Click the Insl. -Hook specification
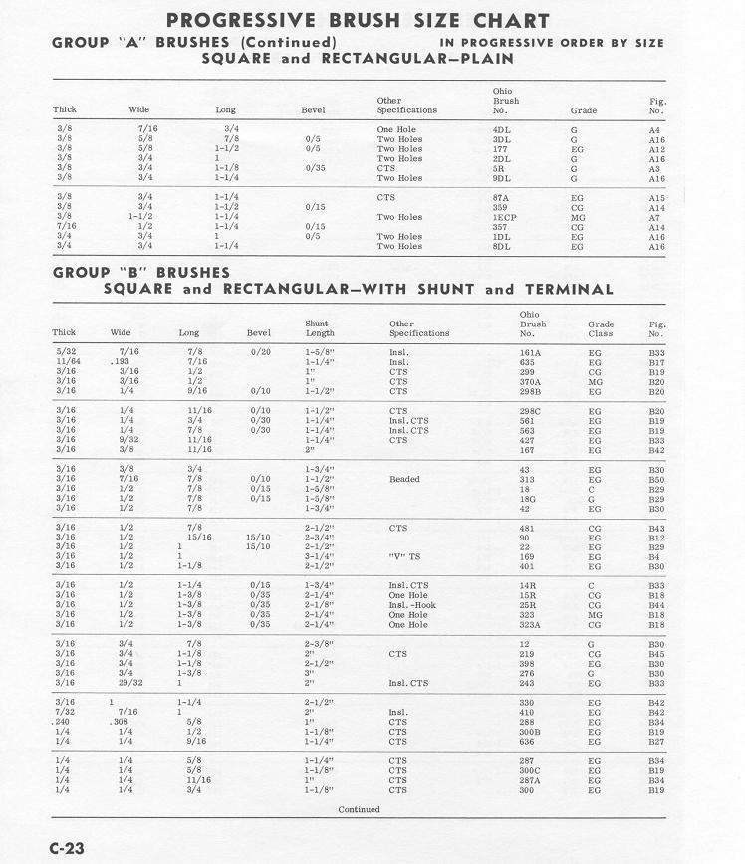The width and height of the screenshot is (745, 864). (412, 605)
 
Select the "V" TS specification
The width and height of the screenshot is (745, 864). (406, 556)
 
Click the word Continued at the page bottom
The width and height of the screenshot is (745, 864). (359, 809)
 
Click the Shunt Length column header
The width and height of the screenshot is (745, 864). (319, 328)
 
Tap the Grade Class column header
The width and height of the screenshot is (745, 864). (601, 328)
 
